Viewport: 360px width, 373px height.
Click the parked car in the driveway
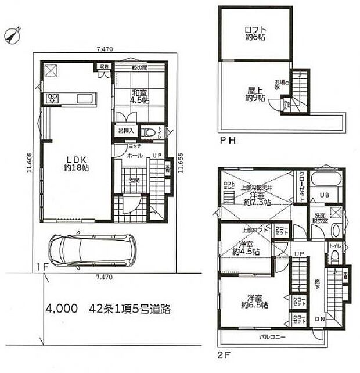[91, 250]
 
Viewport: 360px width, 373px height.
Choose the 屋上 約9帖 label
[253, 94]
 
